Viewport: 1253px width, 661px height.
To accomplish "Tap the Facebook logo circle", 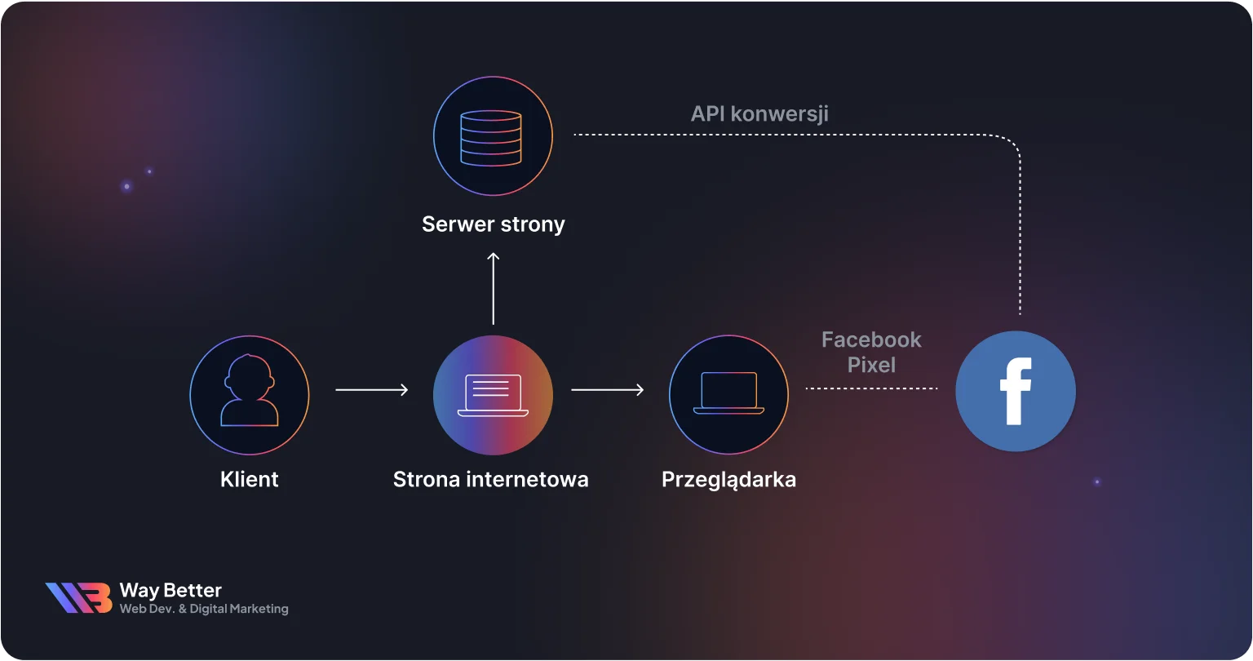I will click(1016, 391).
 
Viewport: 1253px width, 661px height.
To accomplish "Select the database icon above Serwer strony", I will click(492, 136).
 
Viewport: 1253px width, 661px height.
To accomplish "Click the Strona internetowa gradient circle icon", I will click(493, 395).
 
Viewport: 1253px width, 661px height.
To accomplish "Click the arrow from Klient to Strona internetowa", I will click(371, 390).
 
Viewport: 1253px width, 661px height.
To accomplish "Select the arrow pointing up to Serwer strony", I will click(493, 288).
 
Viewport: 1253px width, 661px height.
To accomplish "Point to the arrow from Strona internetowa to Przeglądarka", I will click(607, 390).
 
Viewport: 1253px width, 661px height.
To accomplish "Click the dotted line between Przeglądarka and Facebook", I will click(871, 388).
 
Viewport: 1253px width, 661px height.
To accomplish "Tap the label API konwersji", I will click(759, 113).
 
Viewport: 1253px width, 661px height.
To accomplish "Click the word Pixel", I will click(871, 365).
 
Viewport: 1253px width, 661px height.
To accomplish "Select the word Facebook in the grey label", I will click(871, 339).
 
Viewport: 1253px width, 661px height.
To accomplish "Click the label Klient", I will click(250, 479).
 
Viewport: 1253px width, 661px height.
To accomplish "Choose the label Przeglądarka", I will click(728, 480).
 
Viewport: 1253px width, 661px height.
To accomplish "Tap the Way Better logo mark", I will click(78, 597).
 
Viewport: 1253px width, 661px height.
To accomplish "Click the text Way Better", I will click(170, 590).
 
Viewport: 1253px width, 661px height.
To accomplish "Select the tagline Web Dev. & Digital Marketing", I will click(204, 609).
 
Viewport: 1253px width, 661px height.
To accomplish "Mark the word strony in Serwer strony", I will click(534, 224).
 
